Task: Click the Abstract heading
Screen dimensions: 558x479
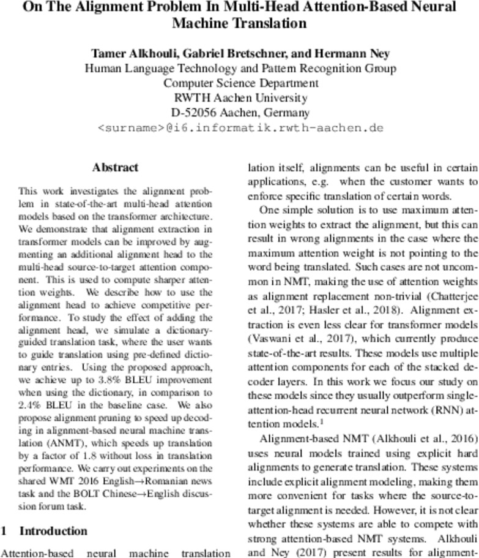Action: [115, 167]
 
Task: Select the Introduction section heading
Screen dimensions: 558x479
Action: [53, 530]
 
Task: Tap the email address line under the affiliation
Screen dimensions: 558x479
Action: [240, 128]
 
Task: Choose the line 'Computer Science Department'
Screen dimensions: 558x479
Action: [240, 83]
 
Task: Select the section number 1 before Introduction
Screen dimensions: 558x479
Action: [4, 530]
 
